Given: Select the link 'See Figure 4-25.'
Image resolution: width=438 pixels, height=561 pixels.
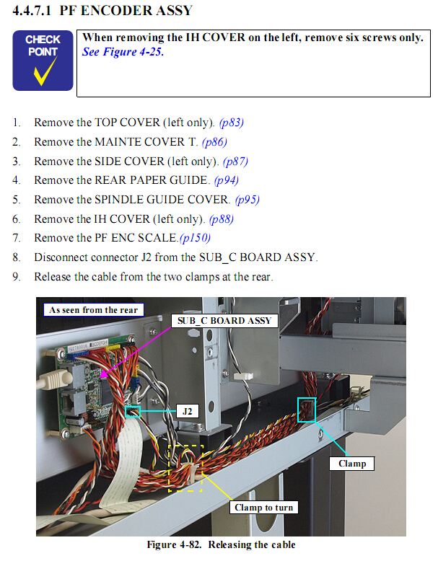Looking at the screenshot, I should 123,52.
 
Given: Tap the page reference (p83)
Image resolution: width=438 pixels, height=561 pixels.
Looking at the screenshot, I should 231,123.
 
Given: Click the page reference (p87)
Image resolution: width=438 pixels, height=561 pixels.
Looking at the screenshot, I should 235,162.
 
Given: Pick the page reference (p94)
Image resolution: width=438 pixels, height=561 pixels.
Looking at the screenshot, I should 227,180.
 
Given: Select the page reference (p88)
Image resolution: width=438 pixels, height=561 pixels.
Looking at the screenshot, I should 221,219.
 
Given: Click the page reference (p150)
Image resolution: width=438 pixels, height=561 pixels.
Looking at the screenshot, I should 195,238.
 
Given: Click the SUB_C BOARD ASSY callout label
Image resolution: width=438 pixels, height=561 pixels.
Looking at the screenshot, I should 224,320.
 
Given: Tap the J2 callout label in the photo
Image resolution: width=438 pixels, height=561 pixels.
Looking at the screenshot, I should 187,411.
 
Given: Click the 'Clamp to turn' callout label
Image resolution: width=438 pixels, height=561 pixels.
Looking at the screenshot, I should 263,508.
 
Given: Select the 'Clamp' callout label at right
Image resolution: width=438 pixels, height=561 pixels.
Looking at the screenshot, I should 352,464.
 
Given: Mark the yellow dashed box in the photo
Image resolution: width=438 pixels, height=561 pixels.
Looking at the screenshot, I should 186,468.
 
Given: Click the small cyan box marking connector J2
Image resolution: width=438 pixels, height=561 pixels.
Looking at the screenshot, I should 133,412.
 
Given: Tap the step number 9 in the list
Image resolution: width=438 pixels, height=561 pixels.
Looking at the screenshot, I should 16,277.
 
